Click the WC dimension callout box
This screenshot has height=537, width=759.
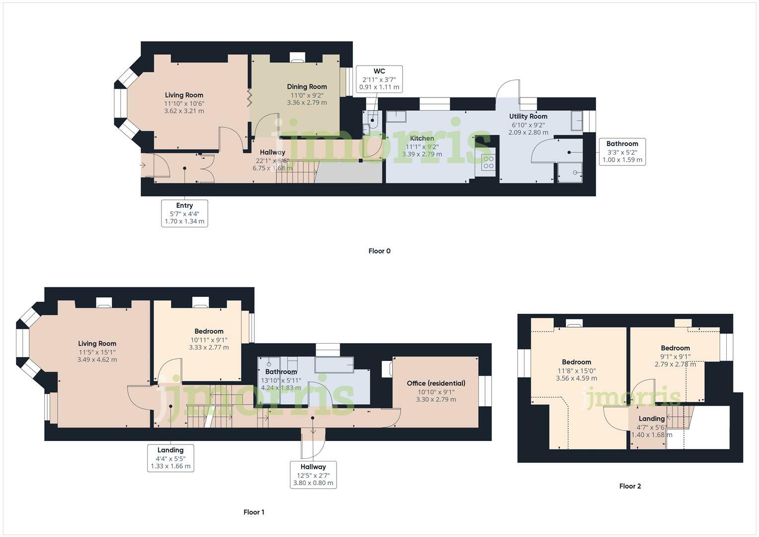[x=380, y=79]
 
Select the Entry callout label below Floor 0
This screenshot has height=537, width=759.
[x=184, y=213]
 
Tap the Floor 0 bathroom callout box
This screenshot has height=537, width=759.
[x=622, y=152]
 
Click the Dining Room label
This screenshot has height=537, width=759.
[x=307, y=87]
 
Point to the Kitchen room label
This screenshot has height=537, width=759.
[x=422, y=138]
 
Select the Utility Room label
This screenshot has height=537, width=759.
[x=528, y=116]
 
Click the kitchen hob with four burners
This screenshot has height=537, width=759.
[x=489, y=162]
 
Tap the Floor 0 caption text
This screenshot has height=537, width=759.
[x=379, y=251]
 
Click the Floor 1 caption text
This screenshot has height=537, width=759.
[x=254, y=512]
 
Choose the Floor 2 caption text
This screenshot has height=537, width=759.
[x=630, y=486]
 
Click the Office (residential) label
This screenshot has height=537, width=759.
[x=436, y=383]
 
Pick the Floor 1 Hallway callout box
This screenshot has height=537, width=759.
[x=313, y=475]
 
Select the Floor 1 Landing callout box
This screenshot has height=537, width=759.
[x=170, y=458]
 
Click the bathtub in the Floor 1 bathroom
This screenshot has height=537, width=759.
[x=334, y=364]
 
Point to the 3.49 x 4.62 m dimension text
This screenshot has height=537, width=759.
[x=97, y=359]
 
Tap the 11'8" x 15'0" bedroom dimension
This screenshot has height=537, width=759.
[x=577, y=370]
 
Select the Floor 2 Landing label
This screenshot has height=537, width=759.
[x=651, y=419]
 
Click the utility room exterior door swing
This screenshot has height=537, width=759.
[x=508, y=92]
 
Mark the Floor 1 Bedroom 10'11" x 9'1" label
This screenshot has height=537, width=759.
[x=209, y=331]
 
